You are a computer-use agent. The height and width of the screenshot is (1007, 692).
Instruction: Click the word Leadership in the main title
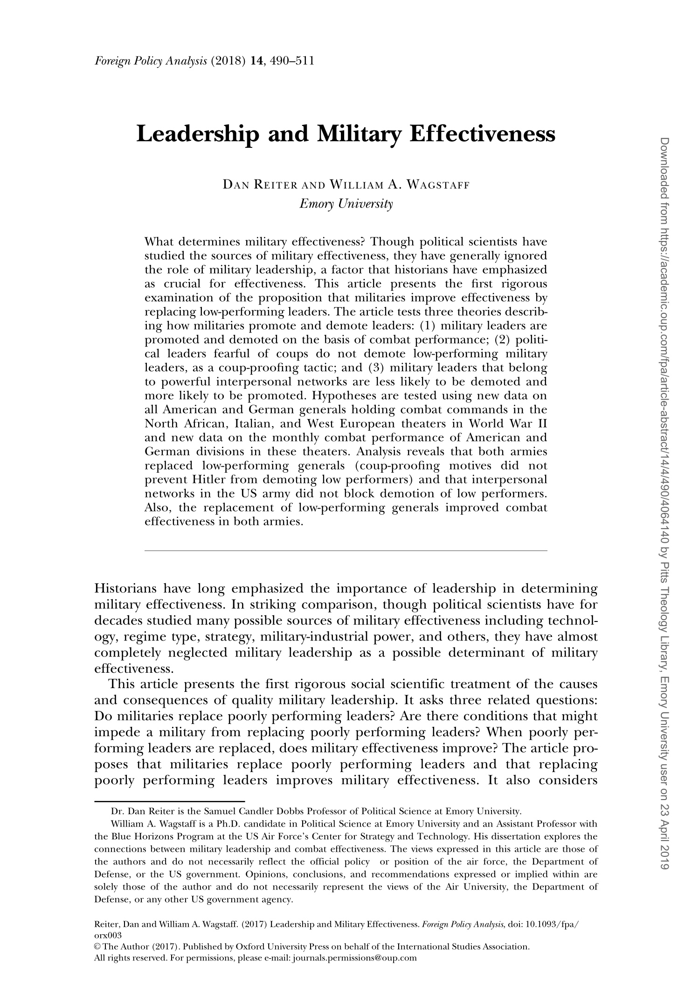(198, 135)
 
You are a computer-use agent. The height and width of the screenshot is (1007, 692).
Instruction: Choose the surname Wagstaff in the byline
(438, 186)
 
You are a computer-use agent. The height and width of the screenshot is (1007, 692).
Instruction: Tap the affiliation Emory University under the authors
(346, 204)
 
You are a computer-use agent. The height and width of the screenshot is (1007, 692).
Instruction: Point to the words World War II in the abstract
(507, 424)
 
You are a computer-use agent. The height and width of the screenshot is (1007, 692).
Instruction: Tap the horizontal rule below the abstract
(346, 551)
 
